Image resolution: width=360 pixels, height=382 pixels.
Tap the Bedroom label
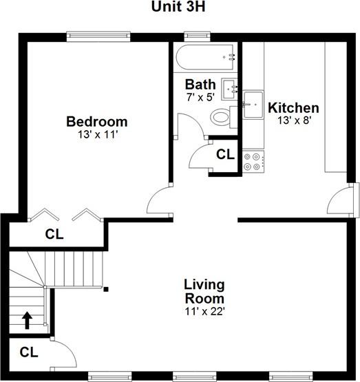96,122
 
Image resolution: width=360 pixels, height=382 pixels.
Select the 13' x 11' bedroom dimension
96,135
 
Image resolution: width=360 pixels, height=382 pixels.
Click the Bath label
200,85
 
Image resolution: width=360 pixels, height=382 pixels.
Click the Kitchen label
293,108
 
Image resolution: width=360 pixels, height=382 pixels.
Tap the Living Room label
204,291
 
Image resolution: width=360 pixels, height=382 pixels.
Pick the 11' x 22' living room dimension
204,311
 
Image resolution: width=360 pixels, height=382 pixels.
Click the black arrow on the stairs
28,320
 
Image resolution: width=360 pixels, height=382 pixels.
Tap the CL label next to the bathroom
225,155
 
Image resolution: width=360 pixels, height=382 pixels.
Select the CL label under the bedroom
54,234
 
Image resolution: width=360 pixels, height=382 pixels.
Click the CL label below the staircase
28,352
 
